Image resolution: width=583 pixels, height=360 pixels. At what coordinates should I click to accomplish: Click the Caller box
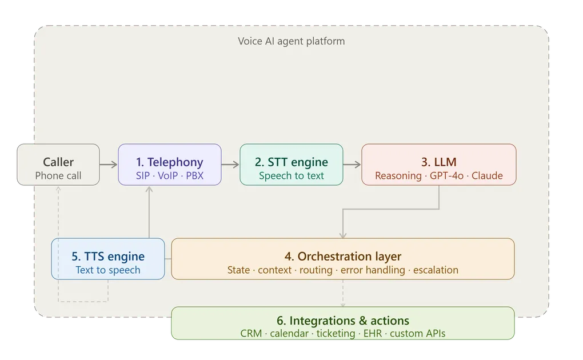click(x=58, y=165)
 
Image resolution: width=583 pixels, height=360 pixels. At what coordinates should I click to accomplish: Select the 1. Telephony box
click(x=170, y=165)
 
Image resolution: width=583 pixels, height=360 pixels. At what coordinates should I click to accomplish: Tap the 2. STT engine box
click(x=291, y=165)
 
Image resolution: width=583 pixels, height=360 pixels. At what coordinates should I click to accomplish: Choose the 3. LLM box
click(x=439, y=165)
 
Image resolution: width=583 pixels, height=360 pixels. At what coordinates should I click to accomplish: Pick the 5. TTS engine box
click(x=108, y=259)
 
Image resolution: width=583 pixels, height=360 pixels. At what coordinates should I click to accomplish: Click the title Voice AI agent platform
click(x=291, y=41)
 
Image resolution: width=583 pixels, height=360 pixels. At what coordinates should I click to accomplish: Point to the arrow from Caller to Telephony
click(x=109, y=165)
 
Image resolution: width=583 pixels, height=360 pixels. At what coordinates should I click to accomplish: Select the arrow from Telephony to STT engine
click(x=230, y=165)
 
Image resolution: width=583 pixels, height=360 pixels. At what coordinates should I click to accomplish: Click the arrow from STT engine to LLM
click(x=352, y=165)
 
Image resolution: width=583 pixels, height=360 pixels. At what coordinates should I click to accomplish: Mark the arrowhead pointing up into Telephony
click(x=149, y=189)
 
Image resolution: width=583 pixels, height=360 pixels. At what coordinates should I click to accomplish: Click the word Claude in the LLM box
click(x=487, y=175)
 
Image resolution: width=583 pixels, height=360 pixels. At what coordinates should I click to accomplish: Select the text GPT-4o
click(x=446, y=175)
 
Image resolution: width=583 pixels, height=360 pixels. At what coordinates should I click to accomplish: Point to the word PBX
click(x=195, y=175)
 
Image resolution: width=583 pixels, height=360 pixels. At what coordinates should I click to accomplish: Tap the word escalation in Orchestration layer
click(x=436, y=270)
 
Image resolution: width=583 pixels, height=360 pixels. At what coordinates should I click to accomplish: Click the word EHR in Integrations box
click(x=373, y=333)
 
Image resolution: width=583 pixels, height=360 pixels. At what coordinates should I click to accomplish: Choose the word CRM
click(x=251, y=333)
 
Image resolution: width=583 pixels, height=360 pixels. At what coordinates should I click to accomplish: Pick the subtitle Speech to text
click(x=291, y=175)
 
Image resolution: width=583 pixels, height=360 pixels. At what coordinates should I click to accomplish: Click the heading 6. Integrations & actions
click(x=343, y=321)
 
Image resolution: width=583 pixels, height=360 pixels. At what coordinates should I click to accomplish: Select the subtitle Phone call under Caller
click(x=58, y=175)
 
